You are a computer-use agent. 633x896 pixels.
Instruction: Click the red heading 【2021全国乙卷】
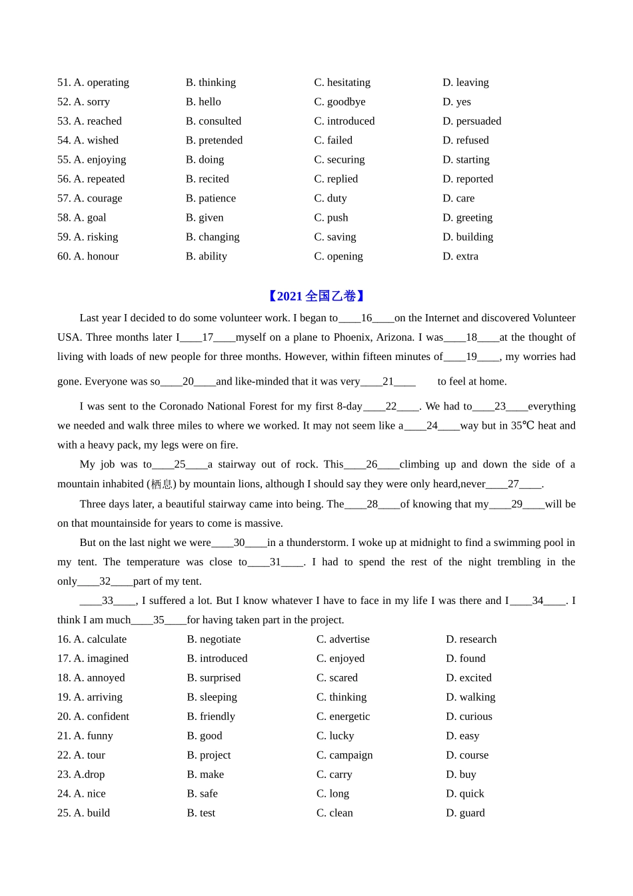click(x=316, y=296)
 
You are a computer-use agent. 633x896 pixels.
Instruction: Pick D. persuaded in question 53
click(x=472, y=121)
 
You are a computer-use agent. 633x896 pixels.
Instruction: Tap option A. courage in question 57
click(x=90, y=198)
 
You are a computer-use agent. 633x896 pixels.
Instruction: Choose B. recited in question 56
click(x=207, y=179)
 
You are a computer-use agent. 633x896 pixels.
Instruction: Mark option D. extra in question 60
click(x=460, y=256)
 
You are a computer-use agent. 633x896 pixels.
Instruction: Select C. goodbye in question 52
click(x=340, y=101)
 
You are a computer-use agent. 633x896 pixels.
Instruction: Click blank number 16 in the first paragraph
click(x=366, y=318)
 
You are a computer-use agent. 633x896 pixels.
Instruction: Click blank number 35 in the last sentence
click(x=159, y=620)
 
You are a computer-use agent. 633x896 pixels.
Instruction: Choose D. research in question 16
click(x=471, y=639)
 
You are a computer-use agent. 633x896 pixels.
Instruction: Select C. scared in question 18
click(x=336, y=677)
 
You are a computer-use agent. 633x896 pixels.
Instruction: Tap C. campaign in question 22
click(x=344, y=755)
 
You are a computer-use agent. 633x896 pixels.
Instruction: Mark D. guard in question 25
click(x=465, y=813)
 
